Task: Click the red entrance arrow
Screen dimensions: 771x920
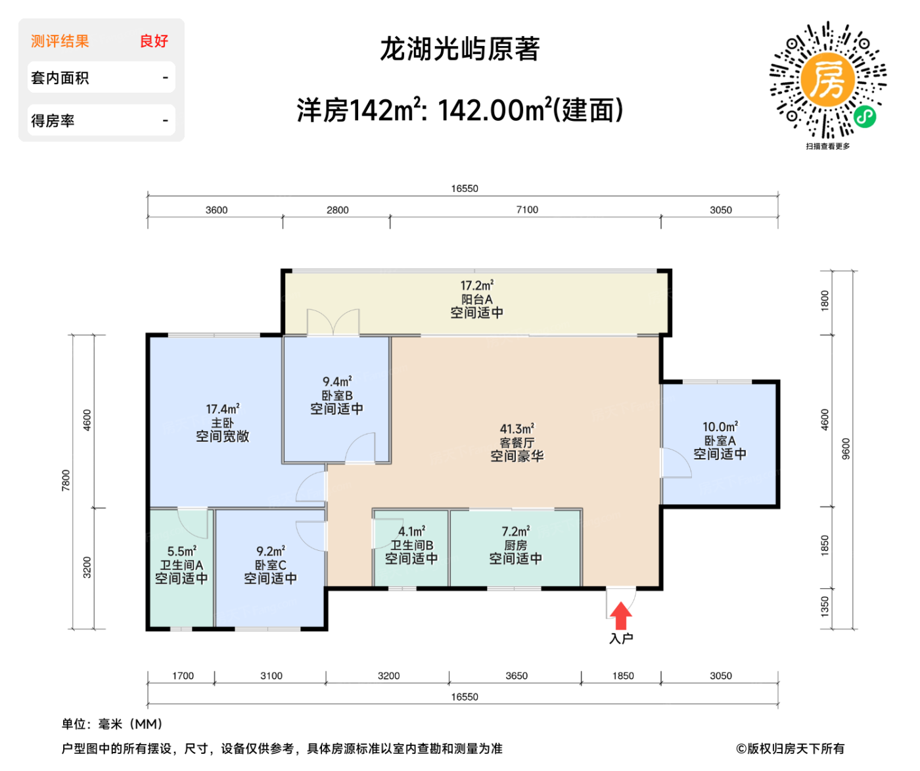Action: pyautogui.click(x=620, y=617)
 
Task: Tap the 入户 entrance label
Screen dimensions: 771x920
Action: pyautogui.click(x=621, y=638)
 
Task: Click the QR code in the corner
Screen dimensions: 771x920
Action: pyautogui.click(x=828, y=80)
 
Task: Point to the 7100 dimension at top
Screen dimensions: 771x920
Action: pyautogui.click(x=527, y=210)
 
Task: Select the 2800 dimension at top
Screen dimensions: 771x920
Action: pyautogui.click(x=338, y=210)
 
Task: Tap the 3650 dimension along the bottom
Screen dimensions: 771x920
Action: pyautogui.click(x=517, y=676)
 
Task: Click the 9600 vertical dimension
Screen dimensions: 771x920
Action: pyautogui.click(x=846, y=448)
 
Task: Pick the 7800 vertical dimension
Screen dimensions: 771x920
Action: pyautogui.click(x=66, y=480)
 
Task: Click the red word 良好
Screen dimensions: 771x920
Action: pyautogui.click(x=154, y=41)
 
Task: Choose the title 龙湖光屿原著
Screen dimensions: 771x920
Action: pyautogui.click(x=460, y=49)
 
